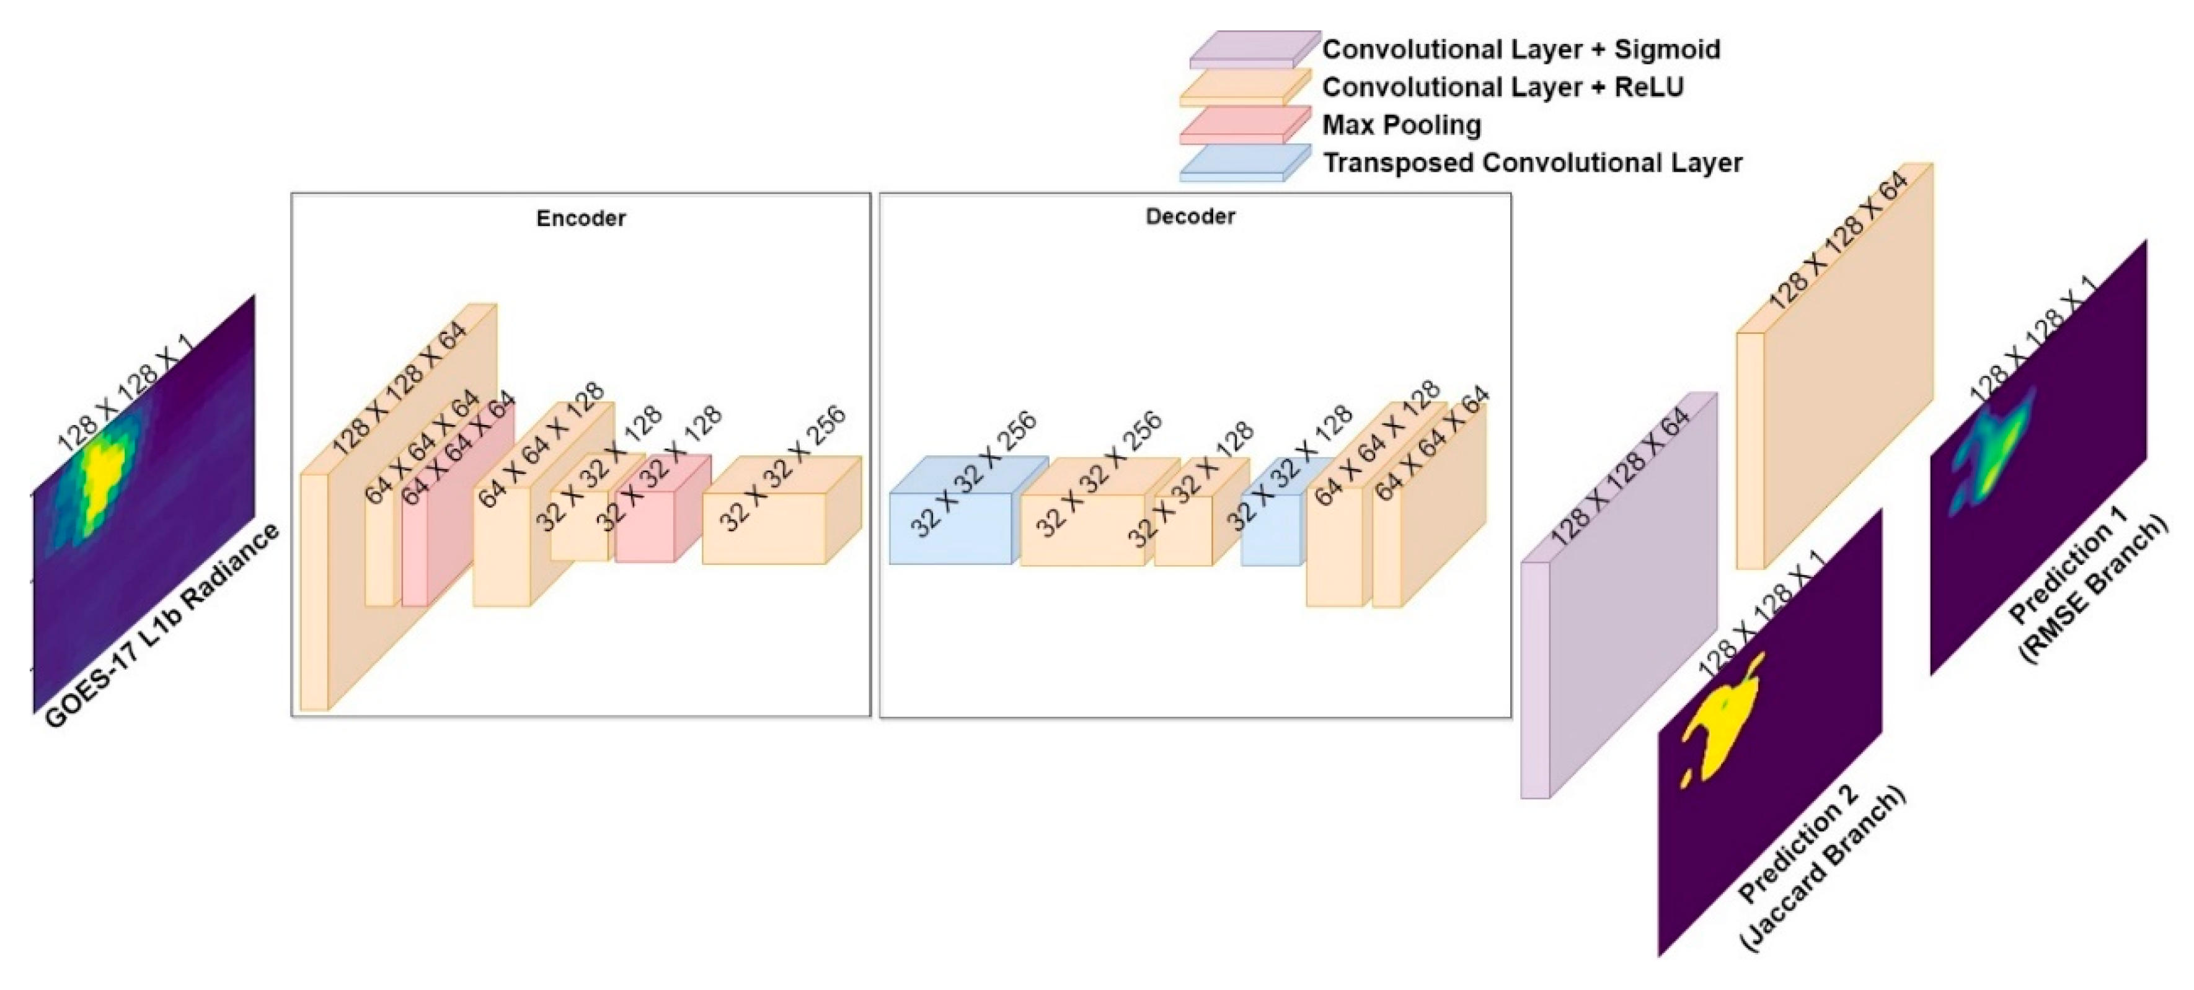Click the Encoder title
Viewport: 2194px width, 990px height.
click(x=581, y=219)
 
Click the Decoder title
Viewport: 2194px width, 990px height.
click(x=1190, y=217)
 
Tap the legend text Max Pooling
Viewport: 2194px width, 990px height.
click(x=1401, y=125)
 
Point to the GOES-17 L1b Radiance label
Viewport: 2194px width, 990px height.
click(x=162, y=626)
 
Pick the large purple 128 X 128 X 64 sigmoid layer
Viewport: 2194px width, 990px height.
click(x=1618, y=613)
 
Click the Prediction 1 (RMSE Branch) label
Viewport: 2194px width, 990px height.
click(x=2087, y=587)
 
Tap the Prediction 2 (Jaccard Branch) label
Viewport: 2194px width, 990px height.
click(x=1823, y=869)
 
